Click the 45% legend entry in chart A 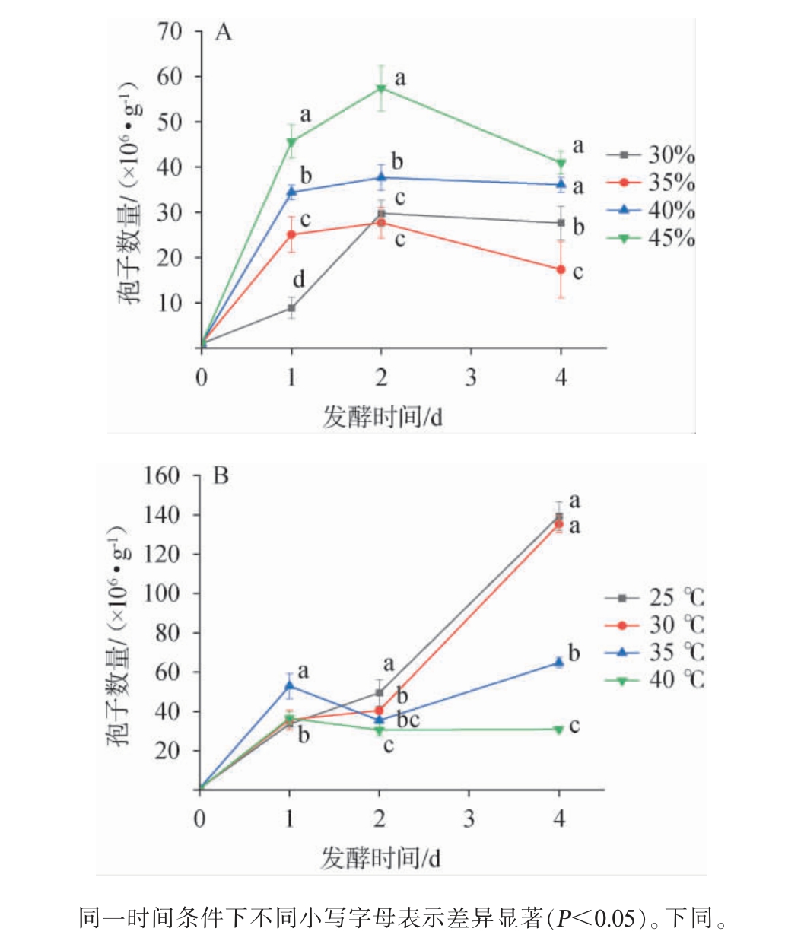(652, 238)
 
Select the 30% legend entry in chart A (652, 155)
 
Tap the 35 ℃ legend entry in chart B (655, 652)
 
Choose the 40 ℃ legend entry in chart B (655, 679)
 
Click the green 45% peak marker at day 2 (381, 88)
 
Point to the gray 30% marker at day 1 (291, 308)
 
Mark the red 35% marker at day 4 (561, 269)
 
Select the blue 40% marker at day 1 (291, 192)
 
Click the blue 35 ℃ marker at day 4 (559, 663)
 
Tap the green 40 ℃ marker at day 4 (559, 730)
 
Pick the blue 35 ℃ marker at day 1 (289, 686)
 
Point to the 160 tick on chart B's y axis (161, 476)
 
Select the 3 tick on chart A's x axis (471, 377)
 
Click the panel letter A (224, 33)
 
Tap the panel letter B (221, 477)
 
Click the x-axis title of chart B (380, 857)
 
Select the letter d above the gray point (299, 280)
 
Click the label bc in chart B (408, 720)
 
